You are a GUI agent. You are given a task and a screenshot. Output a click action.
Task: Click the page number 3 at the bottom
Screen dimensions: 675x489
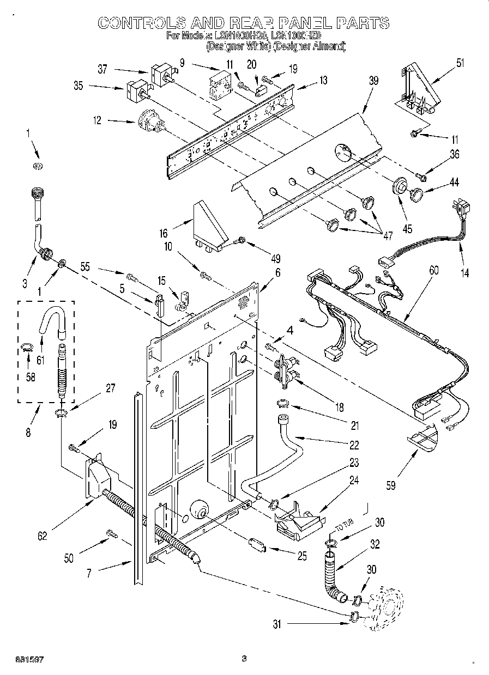click(x=244, y=659)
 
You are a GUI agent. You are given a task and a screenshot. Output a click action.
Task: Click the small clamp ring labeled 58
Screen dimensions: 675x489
click(x=26, y=346)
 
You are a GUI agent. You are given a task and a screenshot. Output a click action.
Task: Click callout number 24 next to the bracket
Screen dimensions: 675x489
click(x=354, y=481)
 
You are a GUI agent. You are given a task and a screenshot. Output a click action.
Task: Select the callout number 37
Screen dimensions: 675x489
click(x=102, y=69)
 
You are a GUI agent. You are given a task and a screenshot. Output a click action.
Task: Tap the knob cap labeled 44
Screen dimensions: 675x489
click(x=418, y=193)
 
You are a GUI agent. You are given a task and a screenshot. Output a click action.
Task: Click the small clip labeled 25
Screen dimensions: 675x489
click(x=256, y=544)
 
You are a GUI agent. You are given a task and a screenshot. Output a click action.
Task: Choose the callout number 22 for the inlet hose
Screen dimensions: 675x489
click(x=354, y=446)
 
